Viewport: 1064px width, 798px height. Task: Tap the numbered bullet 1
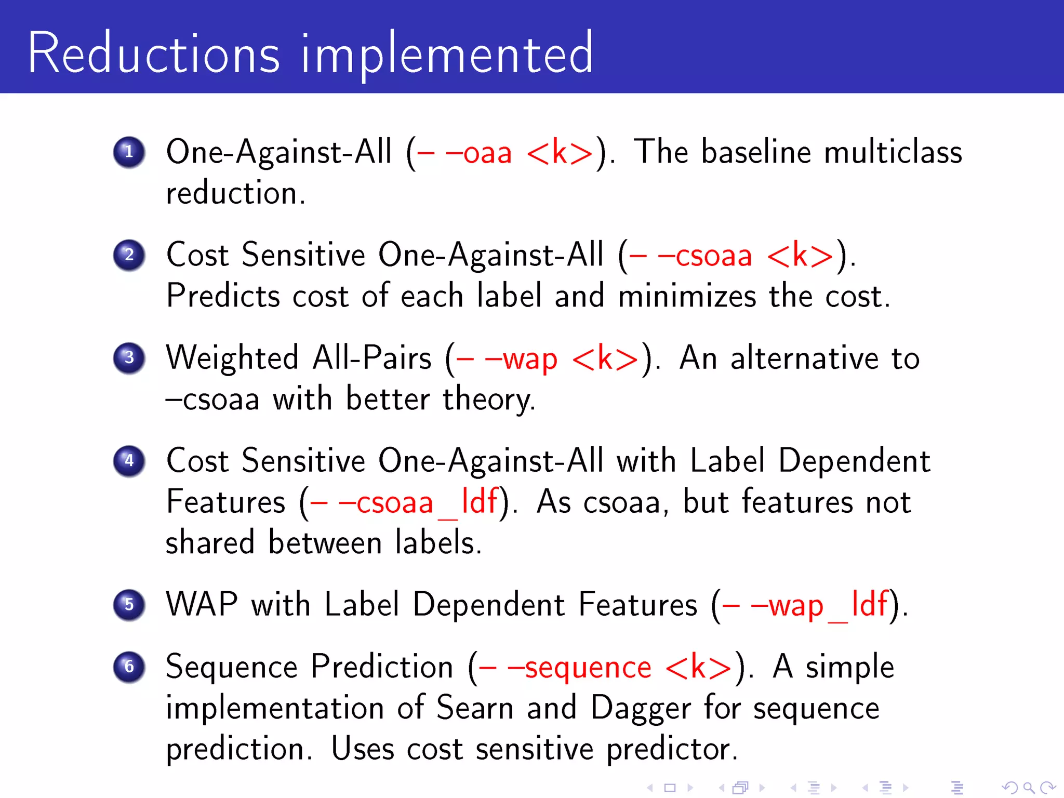pos(129,152)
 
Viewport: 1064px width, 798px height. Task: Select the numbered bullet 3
pos(129,358)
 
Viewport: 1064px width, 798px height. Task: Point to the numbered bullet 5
pos(129,605)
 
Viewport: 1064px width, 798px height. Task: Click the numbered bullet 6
pos(129,667)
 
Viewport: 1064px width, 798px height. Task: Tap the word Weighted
pos(232,358)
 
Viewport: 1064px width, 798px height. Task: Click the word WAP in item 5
pos(202,605)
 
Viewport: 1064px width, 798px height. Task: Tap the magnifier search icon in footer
pos(1029,788)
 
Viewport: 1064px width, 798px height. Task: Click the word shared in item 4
pos(210,543)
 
